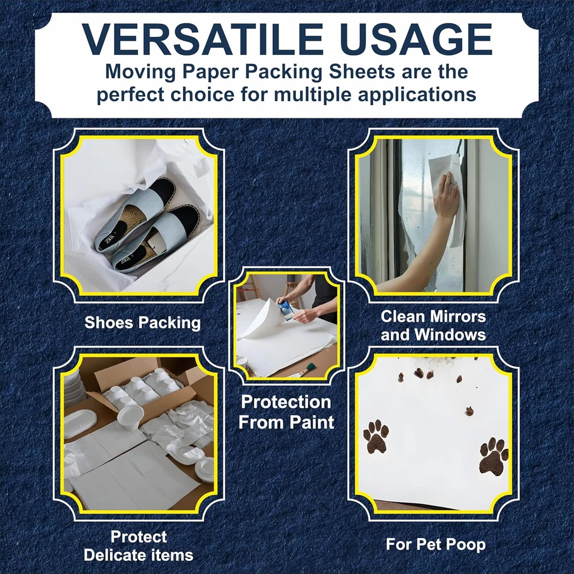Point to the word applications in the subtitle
coord(406,94)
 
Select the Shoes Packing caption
coord(142,323)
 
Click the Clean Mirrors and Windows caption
coord(433,325)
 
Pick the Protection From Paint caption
coord(286,411)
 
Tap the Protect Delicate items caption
coord(139,545)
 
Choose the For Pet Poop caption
coord(435,545)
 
